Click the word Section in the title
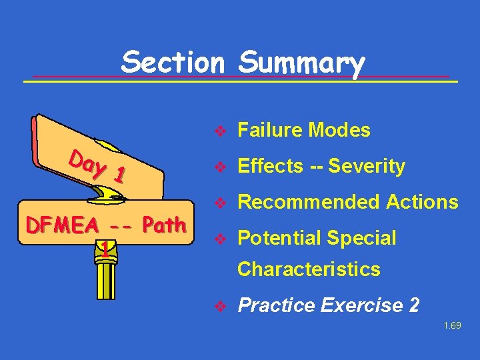tap(173, 63)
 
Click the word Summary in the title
tap(301, 64)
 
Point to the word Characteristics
tap(309, 269)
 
